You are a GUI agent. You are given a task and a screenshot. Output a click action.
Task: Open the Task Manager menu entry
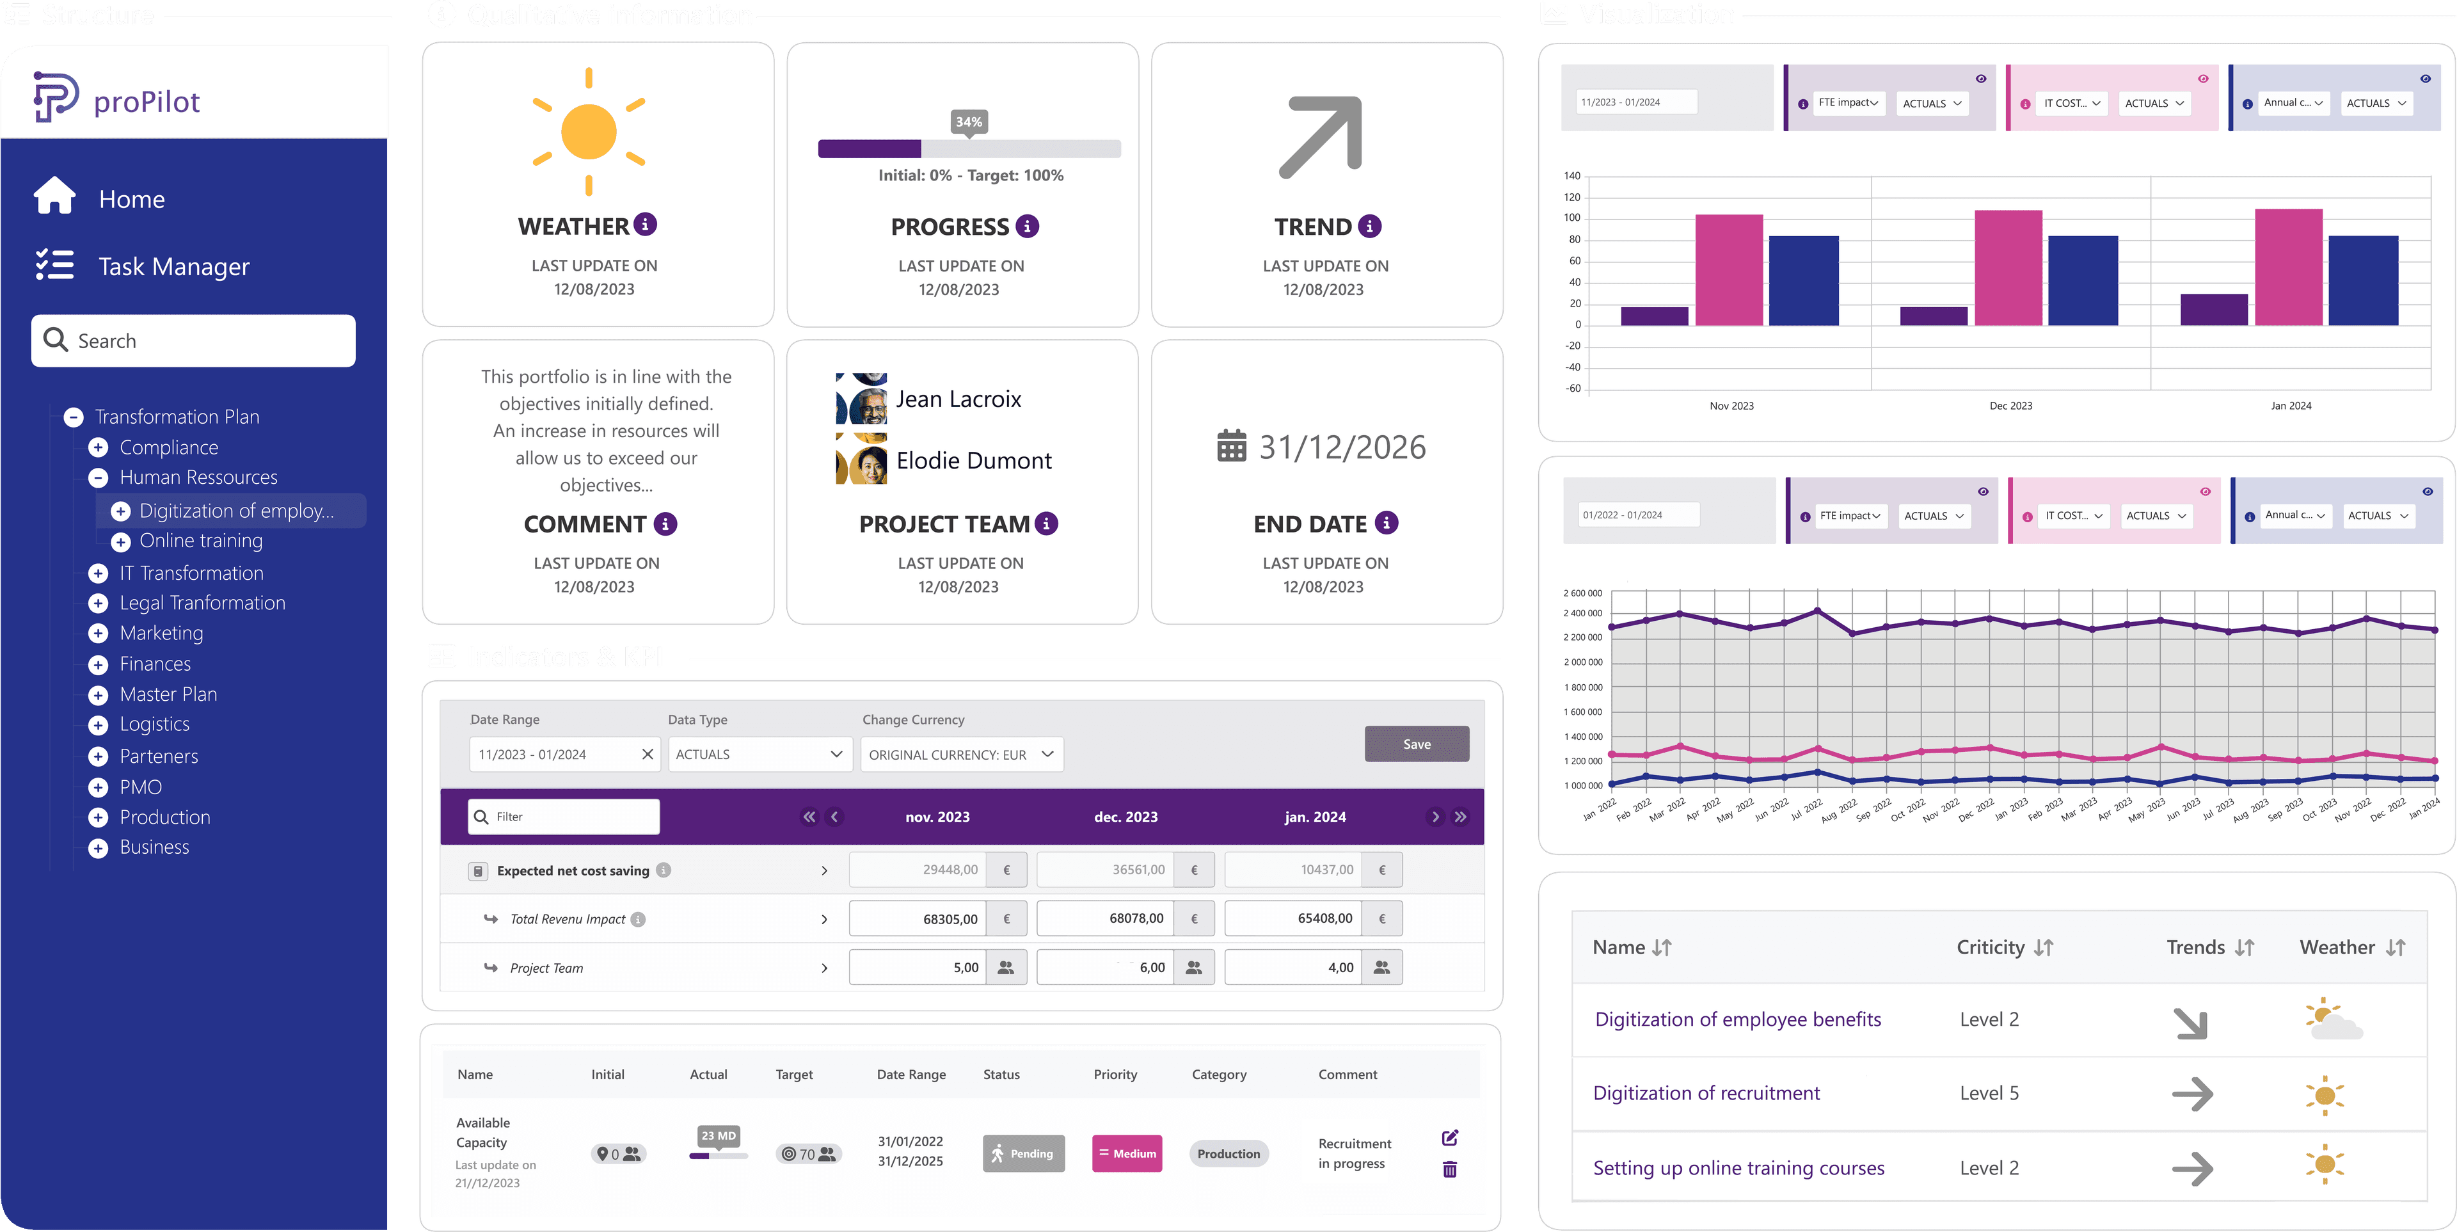[x=173, y=266]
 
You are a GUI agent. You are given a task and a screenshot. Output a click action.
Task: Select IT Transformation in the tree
[x=191, y=573]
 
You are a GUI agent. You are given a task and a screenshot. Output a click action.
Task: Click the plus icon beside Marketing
[x=99, y=633]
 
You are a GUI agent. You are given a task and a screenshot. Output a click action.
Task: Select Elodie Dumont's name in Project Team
[x=973, y=461]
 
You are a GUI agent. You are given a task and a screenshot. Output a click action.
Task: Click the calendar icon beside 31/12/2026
[x=1231, y=445]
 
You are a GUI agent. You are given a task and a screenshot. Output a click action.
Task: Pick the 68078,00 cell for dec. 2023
[x=1106, y=918]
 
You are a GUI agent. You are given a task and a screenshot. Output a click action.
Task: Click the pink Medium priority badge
[x=1126, y=1153]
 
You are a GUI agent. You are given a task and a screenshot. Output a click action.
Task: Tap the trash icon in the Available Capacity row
[x=1449, y=1169]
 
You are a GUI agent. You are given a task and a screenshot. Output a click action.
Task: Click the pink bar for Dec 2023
[x=2008, y=268]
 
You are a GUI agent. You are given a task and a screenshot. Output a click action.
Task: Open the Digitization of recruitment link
[x=1705, y=1092]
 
